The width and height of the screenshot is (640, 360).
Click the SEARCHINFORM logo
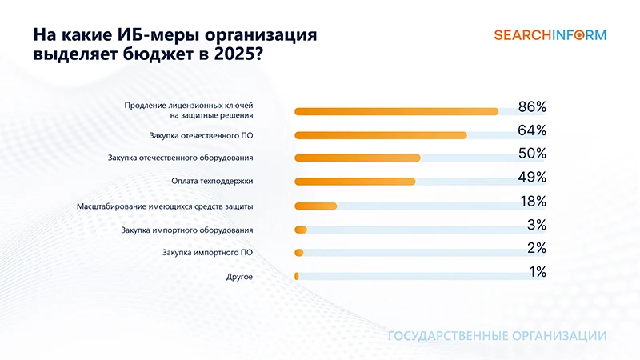(550, 35)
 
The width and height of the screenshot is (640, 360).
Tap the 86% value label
(531, 107)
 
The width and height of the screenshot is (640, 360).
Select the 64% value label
(531, 130)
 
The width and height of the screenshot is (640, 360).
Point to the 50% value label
(531, 154)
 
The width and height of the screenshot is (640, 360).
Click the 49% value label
(531, 177)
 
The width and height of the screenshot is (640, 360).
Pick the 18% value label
(531, 201)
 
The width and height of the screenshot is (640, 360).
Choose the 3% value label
(536, 225)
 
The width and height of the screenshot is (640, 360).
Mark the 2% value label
(536, 248)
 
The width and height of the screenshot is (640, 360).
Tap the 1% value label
(537, 272)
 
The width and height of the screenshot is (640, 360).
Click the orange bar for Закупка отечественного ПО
(381, 135)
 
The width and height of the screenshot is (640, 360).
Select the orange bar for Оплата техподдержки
(355, 182)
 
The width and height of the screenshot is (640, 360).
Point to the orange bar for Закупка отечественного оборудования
(358, 158)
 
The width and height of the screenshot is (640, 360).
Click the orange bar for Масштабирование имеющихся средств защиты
(316, 206)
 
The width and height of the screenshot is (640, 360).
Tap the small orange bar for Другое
(297, 276)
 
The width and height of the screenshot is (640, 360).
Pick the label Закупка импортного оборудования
(187, 230)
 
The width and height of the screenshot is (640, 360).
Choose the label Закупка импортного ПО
(207, 253)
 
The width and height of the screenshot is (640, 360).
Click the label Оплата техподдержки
(213, 182)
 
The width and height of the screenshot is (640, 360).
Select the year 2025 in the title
(237, 55)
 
